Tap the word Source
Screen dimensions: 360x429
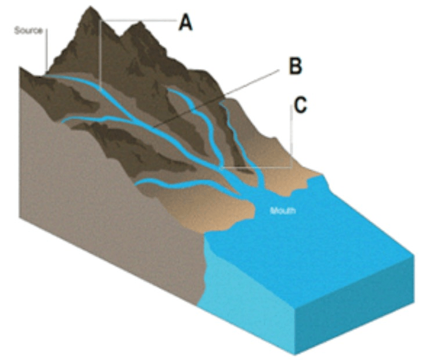28,30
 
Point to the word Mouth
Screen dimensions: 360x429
283,210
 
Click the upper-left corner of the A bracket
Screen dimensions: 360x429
100,21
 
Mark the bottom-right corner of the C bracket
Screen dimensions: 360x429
291,168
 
